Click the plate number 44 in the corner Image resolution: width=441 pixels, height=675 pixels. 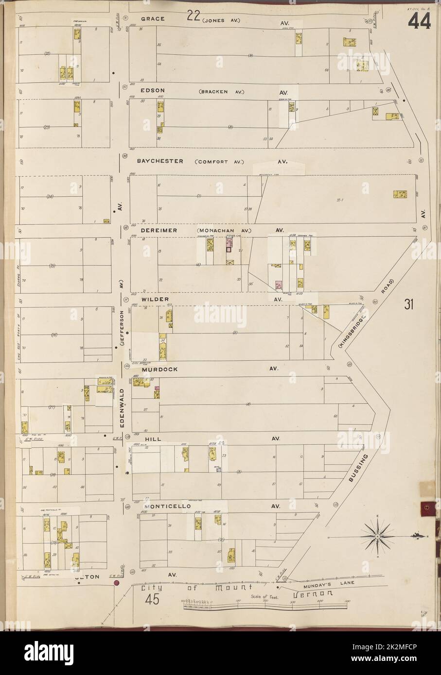tap(419, 21)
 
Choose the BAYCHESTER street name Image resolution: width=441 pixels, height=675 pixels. tap(159, 161)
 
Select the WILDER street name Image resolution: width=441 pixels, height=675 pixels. tap(156, 300)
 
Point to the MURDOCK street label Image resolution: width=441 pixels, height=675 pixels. tap(159, 369)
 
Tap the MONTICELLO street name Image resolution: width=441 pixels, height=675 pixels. tap(163, 506)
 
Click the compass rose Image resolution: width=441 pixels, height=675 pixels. tap(377, 535)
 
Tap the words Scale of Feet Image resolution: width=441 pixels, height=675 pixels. tap(265, 598)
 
